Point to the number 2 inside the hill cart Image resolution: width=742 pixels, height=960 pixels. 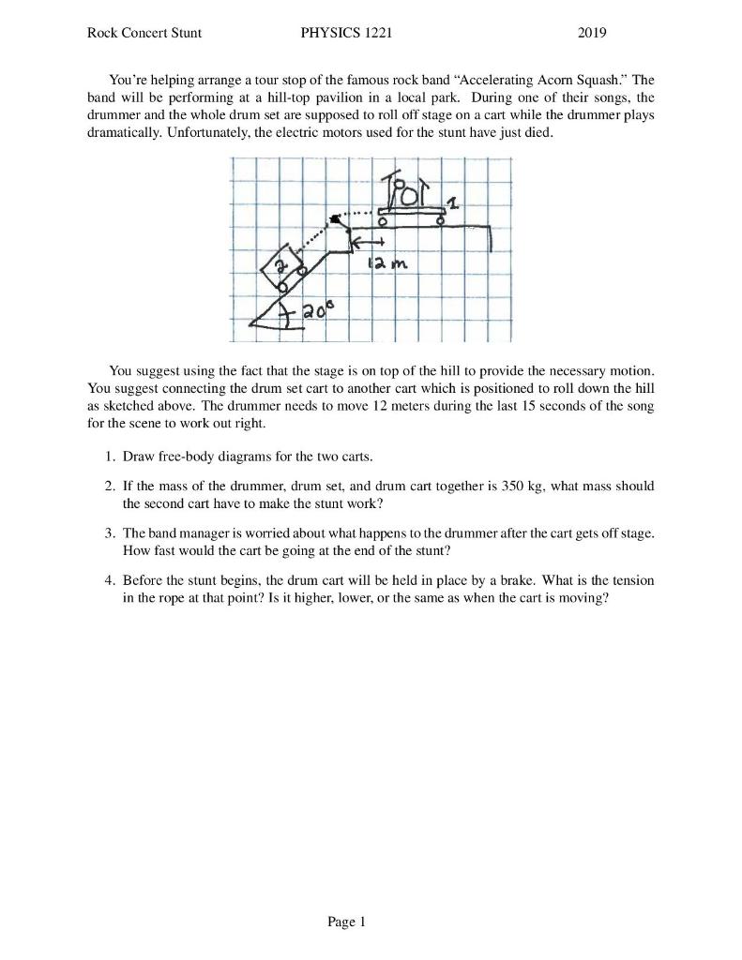pyautogui.click(x=278, y=267)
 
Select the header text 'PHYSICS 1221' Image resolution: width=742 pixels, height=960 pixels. pyautogui.click(x=346, y=33)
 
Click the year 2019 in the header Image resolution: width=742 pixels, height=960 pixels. pyautogui.click(x=592, y=33)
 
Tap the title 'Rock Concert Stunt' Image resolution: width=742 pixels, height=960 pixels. pyautogui.click(x=144, y=33)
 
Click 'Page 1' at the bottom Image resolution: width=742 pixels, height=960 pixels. pyautogui.click(x=346, y=922)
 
